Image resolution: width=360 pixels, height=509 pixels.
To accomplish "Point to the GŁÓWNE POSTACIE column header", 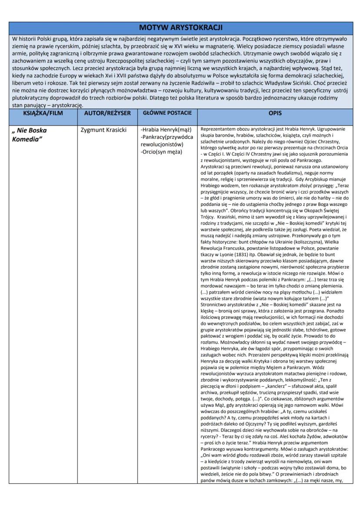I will (x=167, y=113).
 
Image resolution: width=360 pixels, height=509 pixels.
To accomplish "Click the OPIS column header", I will (x=275, y=113).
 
